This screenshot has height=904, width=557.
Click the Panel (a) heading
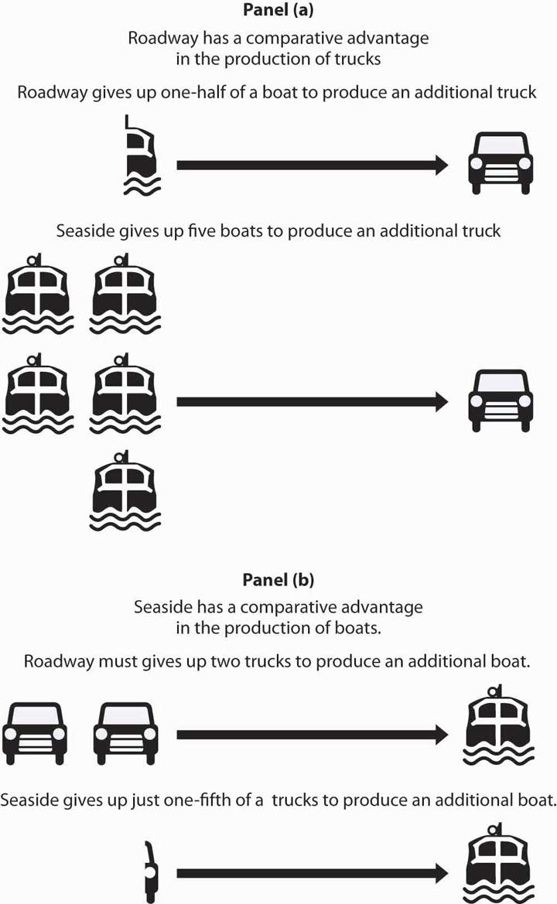278,13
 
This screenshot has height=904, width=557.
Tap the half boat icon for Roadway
142,155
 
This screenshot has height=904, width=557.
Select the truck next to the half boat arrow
501,162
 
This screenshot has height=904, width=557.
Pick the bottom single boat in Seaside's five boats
125,495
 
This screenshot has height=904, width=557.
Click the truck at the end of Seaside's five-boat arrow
501,401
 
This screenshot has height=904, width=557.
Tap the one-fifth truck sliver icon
149,872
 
